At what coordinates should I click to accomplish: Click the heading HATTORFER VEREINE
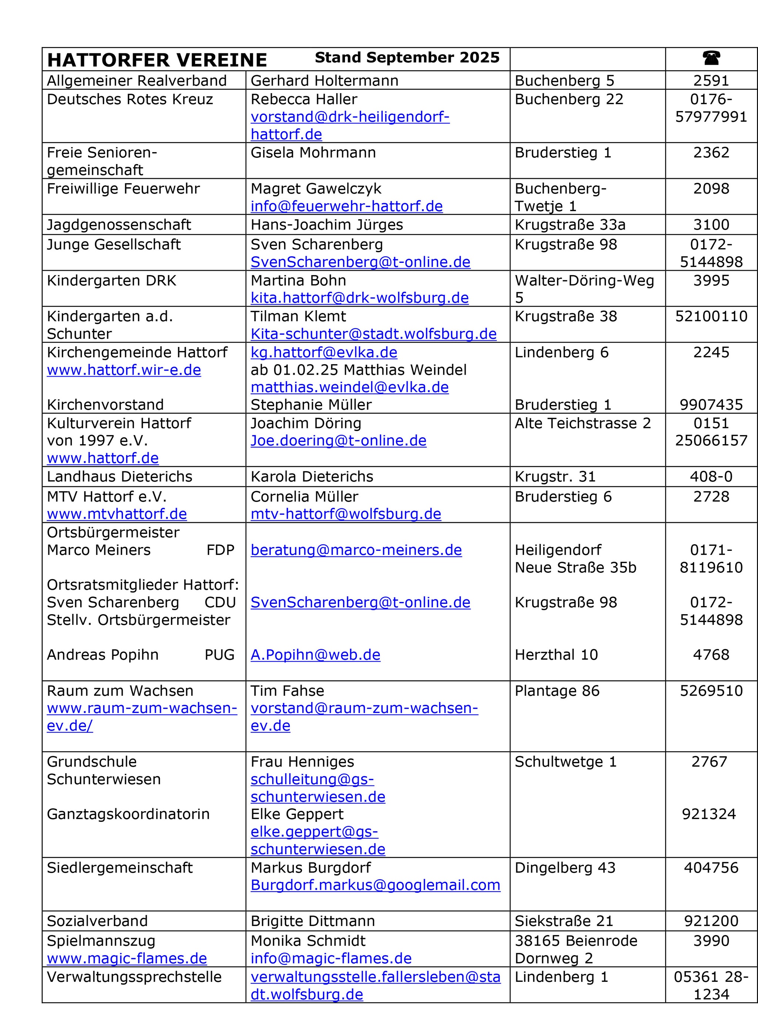157,60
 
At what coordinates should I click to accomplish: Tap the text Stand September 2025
407,57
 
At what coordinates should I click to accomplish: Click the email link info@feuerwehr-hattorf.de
346,206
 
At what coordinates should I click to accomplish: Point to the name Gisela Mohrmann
313,153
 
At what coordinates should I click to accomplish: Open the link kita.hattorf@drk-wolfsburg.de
359,298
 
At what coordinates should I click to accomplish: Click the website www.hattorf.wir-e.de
124,370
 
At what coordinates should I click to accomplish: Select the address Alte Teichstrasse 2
583,423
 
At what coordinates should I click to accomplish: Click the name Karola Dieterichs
312,476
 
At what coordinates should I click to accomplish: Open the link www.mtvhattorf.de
117,514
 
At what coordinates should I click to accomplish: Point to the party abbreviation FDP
220,550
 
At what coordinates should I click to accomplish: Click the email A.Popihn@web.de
315,655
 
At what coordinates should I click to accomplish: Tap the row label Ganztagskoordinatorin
128,814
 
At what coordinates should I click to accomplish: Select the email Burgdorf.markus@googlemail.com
375,885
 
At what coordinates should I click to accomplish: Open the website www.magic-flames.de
127,958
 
